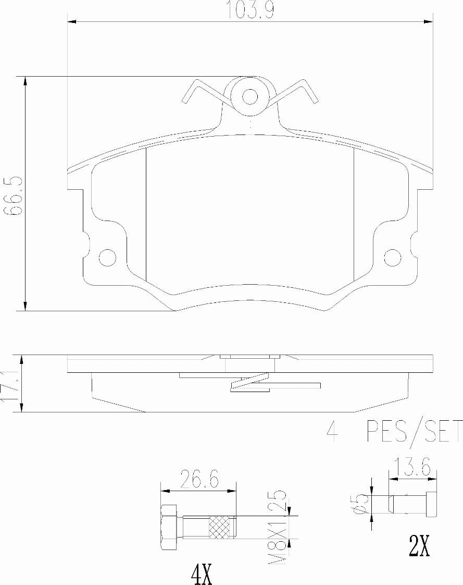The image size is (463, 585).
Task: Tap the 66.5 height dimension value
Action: click(12, 196)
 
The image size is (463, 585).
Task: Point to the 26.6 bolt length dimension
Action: click(198, 478)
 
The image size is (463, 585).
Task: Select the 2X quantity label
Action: click(419, 546)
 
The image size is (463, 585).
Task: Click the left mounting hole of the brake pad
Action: click(107, 257)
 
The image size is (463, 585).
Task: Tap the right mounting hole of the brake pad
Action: click(393, 257)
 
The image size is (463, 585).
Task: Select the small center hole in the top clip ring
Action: click(251, 96)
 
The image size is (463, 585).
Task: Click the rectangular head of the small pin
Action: click(432, 504)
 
